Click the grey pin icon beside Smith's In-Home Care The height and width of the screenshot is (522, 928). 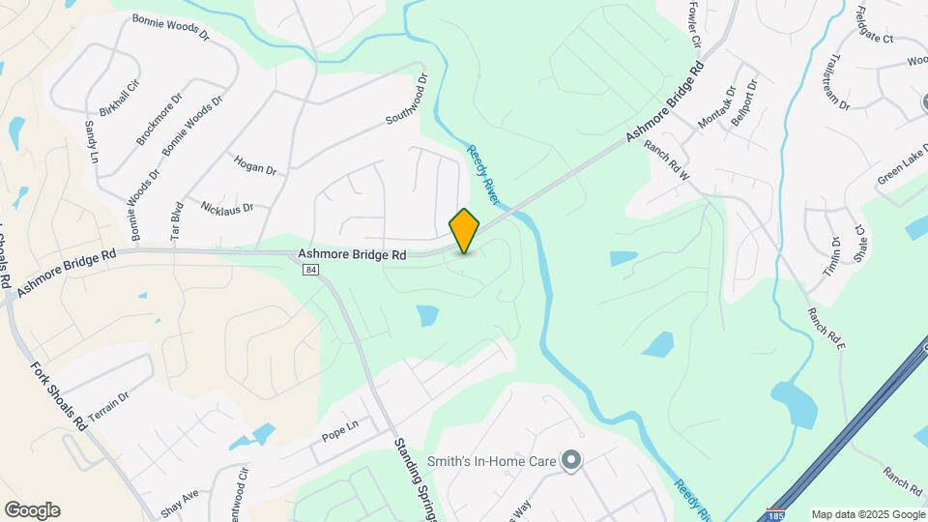pos(571,461)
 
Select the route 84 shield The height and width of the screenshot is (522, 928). pos(309,270)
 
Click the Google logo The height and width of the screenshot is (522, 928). pos(32,510)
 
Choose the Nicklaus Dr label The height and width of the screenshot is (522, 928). pos(227,207)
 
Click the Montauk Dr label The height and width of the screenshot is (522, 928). pos(717,108)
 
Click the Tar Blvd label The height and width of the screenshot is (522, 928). pos(176,220)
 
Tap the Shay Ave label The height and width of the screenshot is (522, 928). pos(180,505)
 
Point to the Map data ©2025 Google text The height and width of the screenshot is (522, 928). pos(867,514)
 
